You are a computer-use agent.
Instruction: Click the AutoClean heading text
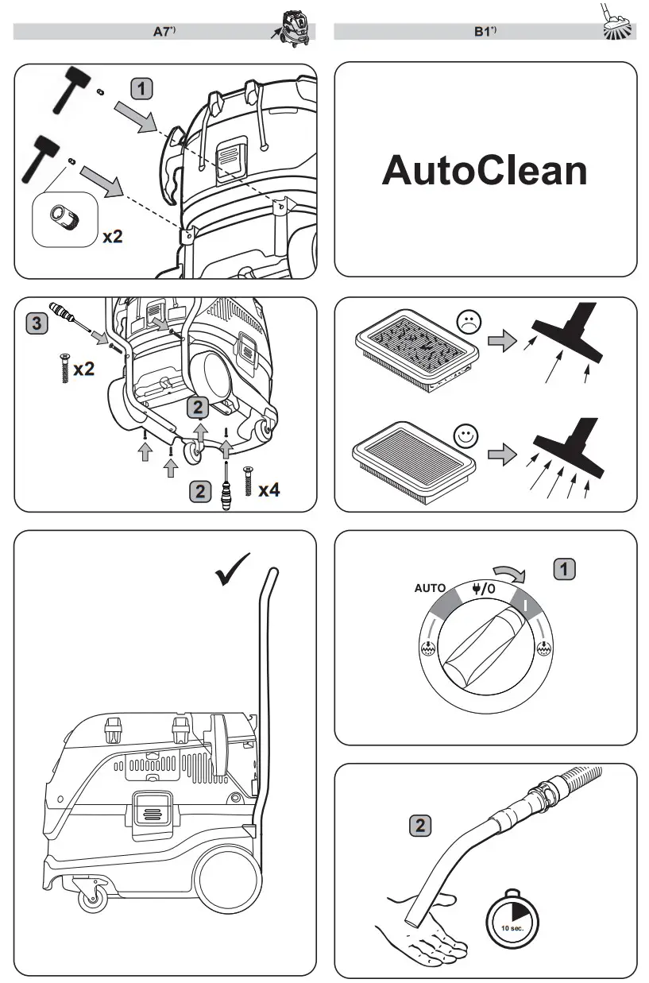(x=485, y=171)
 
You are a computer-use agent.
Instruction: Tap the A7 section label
(x=164, y=32)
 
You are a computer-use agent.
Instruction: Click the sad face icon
(x=469, y=322)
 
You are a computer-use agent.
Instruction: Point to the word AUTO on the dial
(x=430, y=589)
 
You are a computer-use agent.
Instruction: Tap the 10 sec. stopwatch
(x=512, y=919)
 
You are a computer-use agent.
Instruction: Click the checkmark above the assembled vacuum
(x=233, y=569)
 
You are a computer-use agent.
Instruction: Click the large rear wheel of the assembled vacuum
(x=228, y=881)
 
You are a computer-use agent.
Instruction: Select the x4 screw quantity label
(x=267, y=490)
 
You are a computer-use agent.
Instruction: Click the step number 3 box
(x=35, y=323)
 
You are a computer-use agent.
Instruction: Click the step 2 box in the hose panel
(x=420, y=826)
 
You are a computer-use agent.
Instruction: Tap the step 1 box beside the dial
(x=564, y=569)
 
